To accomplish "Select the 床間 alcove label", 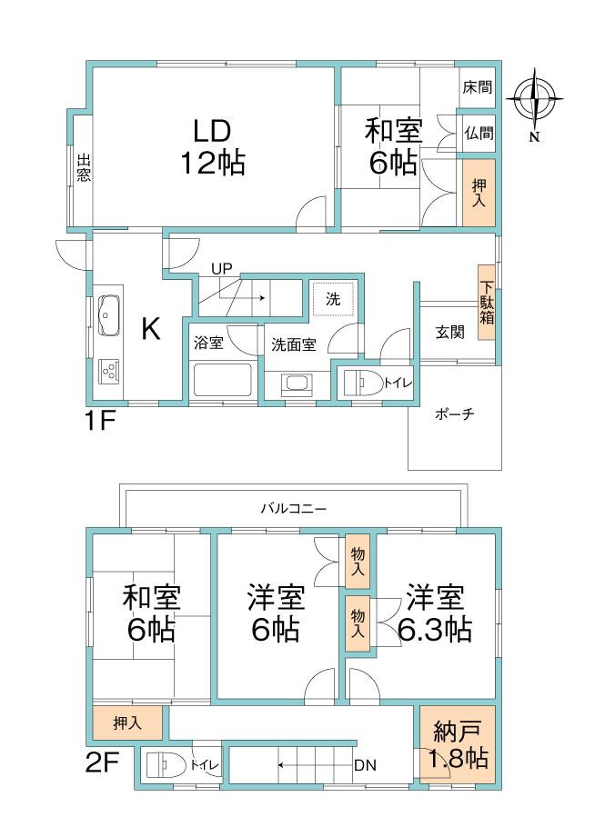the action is [x=477, y=88].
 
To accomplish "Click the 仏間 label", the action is [x=478, y=133].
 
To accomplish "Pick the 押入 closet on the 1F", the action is [x=479, y=192].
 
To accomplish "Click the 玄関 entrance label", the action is [x=449, y=333].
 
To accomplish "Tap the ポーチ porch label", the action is [x=455, y=414].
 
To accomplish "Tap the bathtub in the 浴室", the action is [x=222, y=379].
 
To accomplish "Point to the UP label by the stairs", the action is [x=221, y=268].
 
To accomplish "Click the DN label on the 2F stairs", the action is [x=365, y=765].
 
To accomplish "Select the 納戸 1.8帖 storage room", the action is [x=458, y=745].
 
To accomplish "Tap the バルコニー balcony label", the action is [x=293, y=509].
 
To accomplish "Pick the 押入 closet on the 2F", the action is [x=128, y=723].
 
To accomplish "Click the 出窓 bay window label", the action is [x=83, y=169].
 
